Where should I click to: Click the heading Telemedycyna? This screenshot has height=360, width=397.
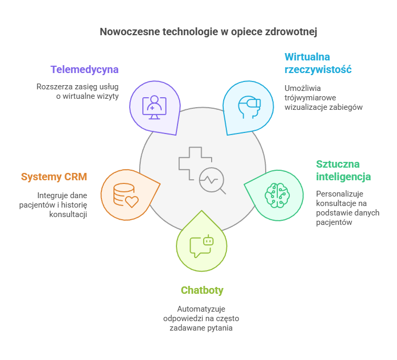click(85, 69)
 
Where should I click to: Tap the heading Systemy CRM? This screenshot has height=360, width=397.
click(54, 177)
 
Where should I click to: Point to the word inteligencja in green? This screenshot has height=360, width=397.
click(343, 177)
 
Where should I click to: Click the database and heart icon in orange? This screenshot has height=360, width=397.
click(126, 195)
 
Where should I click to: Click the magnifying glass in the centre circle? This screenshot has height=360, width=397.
click(213, 181)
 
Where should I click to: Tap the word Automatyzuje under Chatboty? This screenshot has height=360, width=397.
click(201, 309)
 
